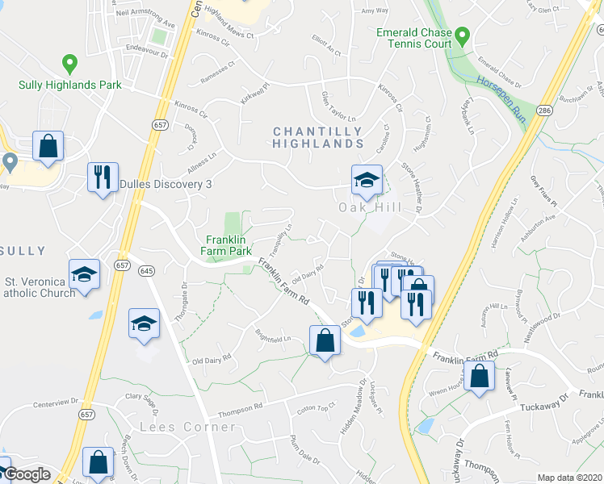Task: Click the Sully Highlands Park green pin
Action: tap(70, 63)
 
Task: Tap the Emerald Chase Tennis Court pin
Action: tap(462, 36)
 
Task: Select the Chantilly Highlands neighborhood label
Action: tap(317, 137)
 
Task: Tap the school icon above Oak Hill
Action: tap(366, 180)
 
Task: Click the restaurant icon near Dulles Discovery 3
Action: tap(103, 177)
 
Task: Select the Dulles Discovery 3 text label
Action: tap(166, 184)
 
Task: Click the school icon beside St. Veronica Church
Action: tap(84, 274)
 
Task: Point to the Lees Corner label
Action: tap(176, 426)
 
